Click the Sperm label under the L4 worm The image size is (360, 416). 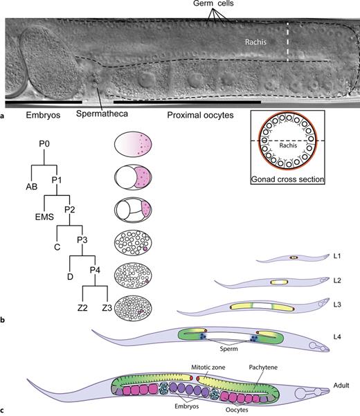pos(229,350)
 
